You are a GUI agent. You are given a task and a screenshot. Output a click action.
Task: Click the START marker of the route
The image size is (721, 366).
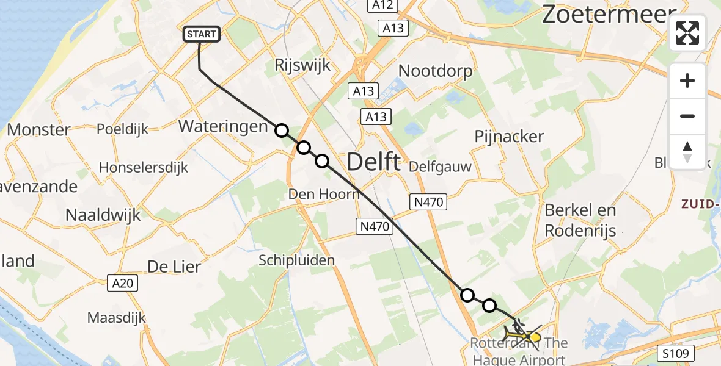tap(201, 35)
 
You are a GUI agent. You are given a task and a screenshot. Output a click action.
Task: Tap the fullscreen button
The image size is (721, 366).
tap(687, 33)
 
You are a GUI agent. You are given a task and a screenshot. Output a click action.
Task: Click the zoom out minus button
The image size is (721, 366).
tap(687, 116)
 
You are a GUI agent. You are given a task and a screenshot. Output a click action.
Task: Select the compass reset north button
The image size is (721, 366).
tap(687, 151)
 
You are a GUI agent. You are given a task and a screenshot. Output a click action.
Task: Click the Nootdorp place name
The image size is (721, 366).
tap(435, 71)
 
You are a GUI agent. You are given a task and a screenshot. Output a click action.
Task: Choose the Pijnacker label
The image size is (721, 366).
tap(509, 137)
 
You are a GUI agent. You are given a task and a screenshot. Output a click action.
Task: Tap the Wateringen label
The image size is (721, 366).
tap(223, 127)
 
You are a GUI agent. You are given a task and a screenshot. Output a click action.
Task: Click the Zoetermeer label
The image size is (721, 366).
tap(609, 15)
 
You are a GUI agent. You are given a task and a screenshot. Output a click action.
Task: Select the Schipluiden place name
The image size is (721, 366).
tap(296, 260)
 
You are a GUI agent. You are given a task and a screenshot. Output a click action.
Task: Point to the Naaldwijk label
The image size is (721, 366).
tap(103, 215)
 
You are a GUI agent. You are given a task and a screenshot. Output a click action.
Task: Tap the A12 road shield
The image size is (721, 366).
tap(383, 5)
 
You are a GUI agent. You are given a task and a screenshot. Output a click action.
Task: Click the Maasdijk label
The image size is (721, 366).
tap(117, 318)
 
